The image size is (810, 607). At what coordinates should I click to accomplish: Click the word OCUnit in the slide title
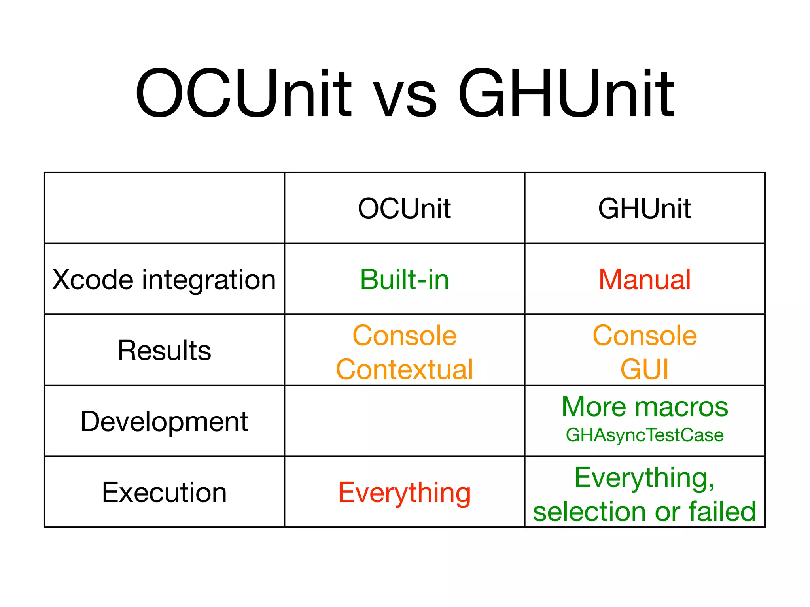coord(243,94)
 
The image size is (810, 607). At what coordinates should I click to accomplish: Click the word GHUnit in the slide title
coord(566,94)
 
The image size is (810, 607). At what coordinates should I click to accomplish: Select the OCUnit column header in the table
coord(404,208)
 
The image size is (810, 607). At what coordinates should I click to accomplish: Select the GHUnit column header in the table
coord(644,208)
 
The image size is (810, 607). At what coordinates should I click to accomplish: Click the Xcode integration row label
coord(164,280)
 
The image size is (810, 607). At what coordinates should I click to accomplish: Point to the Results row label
coord(164,351)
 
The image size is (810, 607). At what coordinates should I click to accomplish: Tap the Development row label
coord(164,421)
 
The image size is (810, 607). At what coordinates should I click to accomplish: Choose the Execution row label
coord(164,492)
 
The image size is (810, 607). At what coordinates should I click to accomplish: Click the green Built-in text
coord(404,280)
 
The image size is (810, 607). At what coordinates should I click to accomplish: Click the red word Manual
coord(644,280)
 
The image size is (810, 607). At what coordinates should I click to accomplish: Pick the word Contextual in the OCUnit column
coord(404,369)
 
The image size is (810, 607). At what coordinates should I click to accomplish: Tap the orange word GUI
coord(644,369)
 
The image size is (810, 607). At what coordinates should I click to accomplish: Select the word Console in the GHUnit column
coord(644,336)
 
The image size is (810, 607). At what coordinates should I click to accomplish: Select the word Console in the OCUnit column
coord(404,336)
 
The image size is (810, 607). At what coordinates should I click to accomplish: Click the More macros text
coord(644,407)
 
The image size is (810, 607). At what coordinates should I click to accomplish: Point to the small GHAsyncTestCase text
coord(644,435)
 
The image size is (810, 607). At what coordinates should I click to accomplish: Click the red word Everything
coord(404,493)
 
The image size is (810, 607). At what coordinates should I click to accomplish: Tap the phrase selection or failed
coord(644,512)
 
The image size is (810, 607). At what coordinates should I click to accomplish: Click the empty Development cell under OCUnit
coord(404,421)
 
